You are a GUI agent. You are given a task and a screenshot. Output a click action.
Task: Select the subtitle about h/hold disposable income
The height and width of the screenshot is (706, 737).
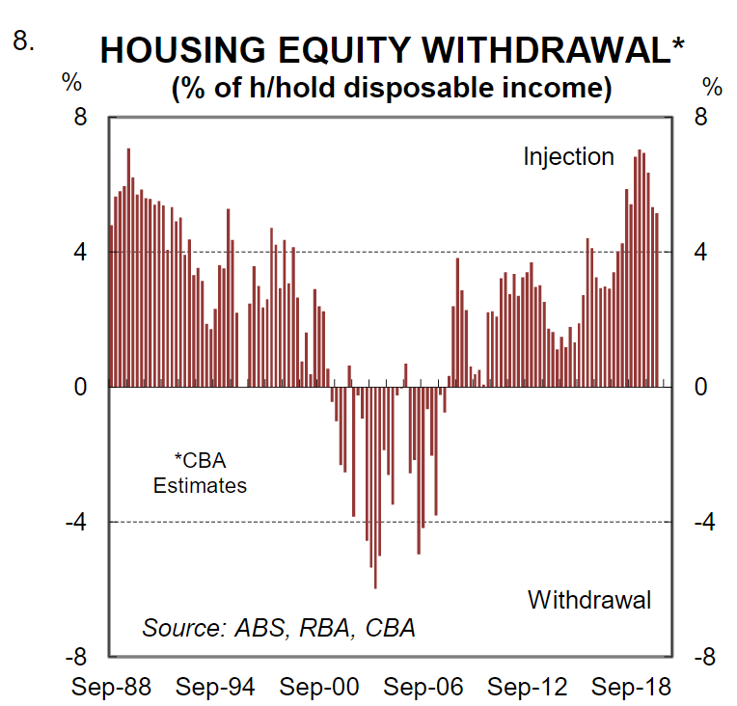pyautogui.click(x=392, y=88)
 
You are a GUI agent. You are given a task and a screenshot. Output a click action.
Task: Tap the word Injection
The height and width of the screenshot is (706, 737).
pyautogui.click(x=568, y=156)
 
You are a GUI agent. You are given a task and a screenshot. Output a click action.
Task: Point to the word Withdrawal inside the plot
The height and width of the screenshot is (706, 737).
pyautogui.click(x=589, y=600)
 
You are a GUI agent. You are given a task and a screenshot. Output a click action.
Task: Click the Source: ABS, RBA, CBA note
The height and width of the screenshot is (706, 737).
pyautogui.click(x=279, y=628)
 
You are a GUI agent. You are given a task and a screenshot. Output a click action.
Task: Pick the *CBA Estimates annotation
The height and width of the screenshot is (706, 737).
pyautogui.click(x=200, y=473)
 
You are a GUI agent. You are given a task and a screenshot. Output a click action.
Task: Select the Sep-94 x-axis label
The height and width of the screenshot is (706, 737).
pyautogui.click(x=216, y=688)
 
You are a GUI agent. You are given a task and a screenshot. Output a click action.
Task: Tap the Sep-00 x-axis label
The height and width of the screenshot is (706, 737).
pyautogui.click(x=320, y=688)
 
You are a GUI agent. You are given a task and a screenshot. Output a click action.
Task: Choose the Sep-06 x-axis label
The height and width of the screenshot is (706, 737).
pyautogui.click(x=424, y=688)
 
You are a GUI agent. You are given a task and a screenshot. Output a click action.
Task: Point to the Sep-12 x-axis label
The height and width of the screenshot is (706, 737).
pyautogui.click(x=528, y=688)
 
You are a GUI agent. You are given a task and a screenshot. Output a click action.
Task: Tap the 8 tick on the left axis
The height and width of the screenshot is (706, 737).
pyautogui.click(x=81, y=118)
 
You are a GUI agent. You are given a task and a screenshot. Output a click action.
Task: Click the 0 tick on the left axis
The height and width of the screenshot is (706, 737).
pyautogui.click(x=81, y=387)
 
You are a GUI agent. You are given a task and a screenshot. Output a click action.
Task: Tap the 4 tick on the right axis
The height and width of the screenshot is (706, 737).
pyautogui.click(x=700, y=253)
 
